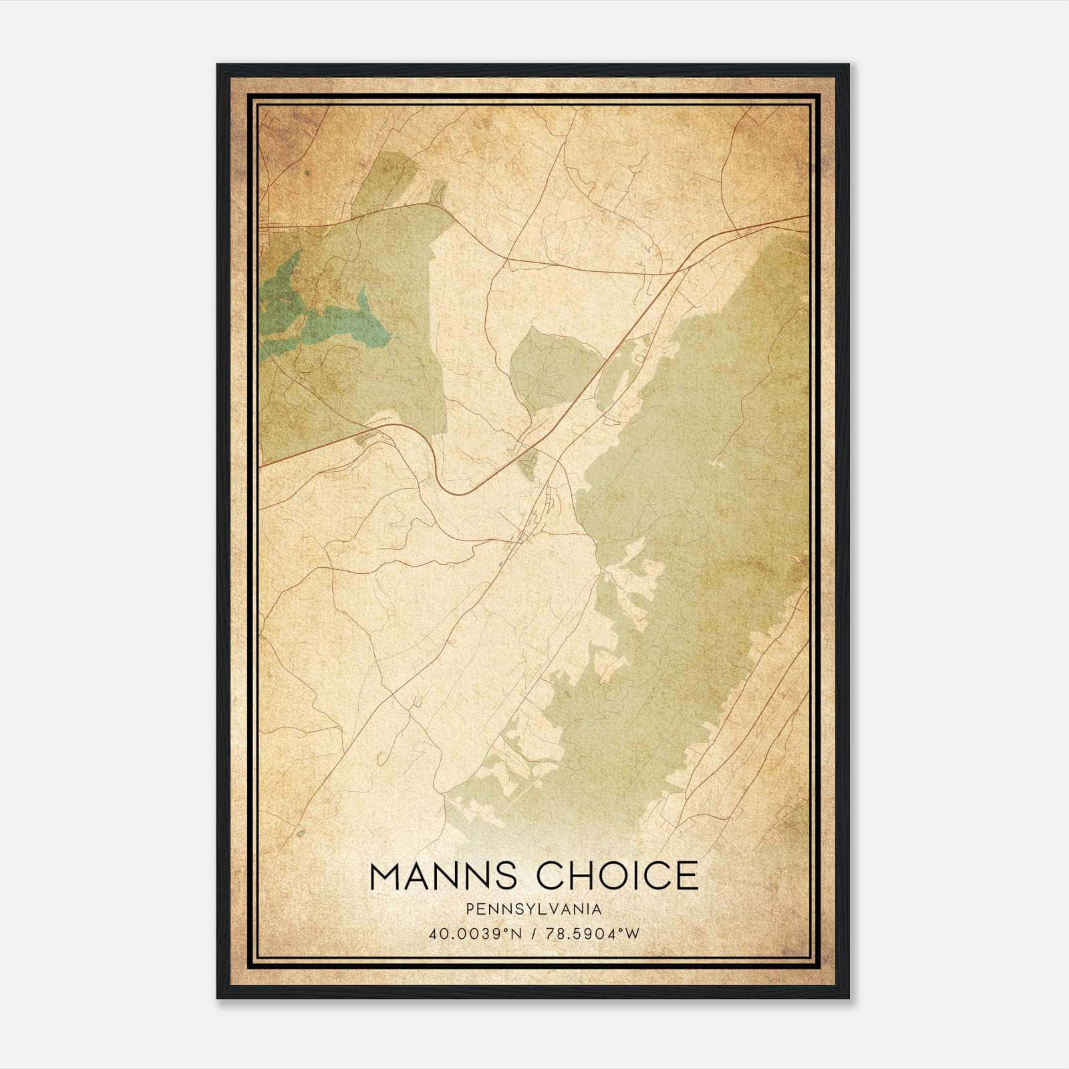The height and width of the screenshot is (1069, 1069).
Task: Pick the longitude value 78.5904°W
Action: coord(591,933)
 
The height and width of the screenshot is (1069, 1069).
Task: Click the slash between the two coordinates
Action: coord(532,933)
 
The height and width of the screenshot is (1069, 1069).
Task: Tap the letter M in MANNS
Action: coord(386,876)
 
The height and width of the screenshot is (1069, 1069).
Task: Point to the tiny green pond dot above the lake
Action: coord(307,174)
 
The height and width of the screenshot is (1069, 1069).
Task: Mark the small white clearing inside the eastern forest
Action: coord(718,462)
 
